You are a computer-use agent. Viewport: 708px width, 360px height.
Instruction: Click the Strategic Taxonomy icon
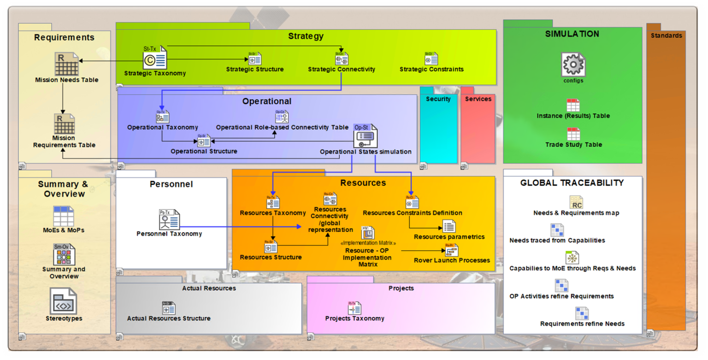point(154,59)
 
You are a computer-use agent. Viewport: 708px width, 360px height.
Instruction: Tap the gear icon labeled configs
point(573,65)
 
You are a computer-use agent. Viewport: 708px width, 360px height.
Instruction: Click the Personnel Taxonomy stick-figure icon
point(169,219)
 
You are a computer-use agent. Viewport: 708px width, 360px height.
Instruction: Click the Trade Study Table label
point(573,145)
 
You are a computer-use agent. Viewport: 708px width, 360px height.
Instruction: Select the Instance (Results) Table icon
point(573,105)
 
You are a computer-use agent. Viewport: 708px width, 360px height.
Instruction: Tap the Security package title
point(438,99)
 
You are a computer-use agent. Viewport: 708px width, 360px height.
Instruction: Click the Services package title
point(478,99)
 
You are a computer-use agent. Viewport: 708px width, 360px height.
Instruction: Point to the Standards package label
point(666,35)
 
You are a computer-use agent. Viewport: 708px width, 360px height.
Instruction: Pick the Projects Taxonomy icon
point(354,308)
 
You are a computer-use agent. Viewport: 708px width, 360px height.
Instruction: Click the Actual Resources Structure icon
point(169,308)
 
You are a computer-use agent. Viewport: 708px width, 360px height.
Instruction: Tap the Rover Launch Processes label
point(452,260)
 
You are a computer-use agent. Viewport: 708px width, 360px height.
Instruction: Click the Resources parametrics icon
point(449,226)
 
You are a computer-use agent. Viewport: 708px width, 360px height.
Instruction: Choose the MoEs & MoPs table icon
point(64,216)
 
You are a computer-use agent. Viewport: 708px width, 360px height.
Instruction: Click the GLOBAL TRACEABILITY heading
point(572,183)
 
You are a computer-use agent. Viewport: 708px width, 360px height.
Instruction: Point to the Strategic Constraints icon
point(431,59)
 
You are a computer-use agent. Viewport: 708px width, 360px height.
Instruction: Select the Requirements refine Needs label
point(582,324)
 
